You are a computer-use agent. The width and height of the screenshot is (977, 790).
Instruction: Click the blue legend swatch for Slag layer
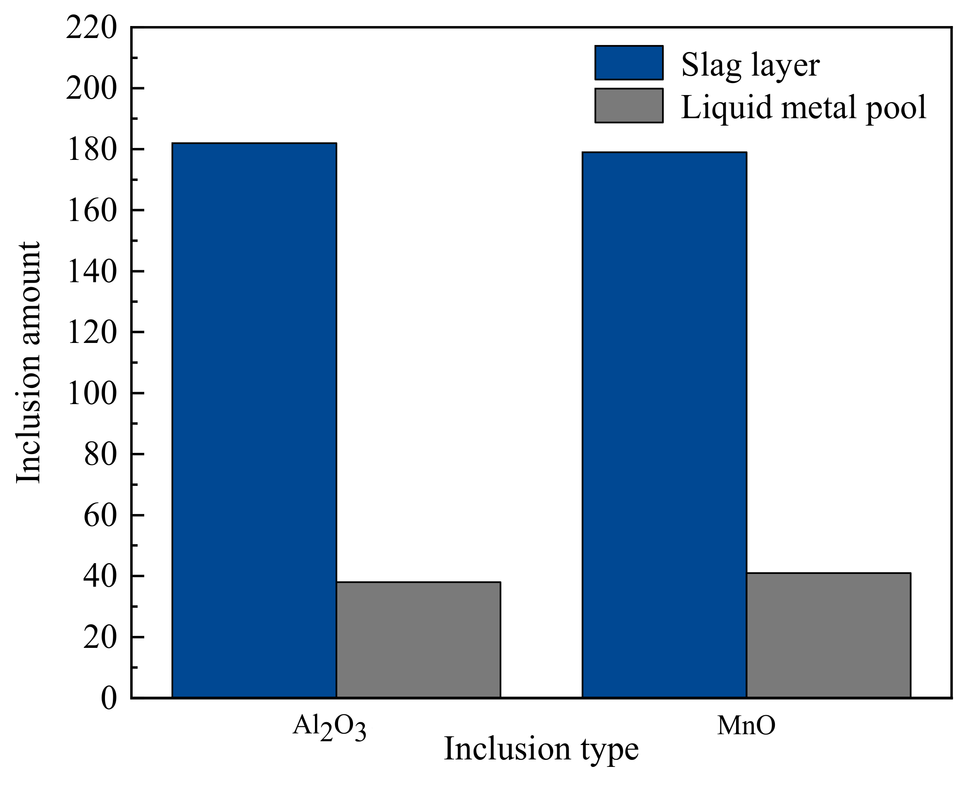[x=629, y=63]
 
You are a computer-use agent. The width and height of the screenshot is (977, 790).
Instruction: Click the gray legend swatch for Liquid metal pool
[x=629, y=106]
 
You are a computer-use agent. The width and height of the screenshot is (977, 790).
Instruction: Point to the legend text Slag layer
[x=750, y=64]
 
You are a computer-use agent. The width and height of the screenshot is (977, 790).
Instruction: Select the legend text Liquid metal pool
[x=803, y=107]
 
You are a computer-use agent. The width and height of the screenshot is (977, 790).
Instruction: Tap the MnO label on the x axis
[x=746, y=726]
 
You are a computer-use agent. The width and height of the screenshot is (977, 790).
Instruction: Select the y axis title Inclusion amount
[x=28, y=362]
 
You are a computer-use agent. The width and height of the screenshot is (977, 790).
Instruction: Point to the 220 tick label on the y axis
[x=91, y=28]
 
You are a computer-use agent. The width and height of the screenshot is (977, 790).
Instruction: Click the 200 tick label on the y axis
[x=91, y=89]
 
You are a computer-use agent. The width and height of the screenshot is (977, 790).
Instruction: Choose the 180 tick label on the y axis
[x=91, y=150]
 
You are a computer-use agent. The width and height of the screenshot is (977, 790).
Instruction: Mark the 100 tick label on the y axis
[x=91, y=394]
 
